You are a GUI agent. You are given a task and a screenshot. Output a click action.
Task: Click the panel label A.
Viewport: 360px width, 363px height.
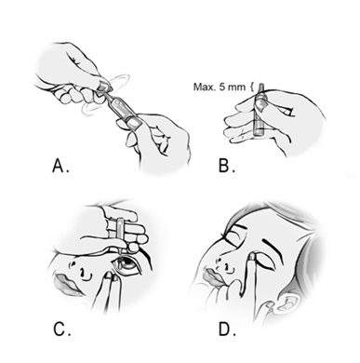click(x=60, y=166)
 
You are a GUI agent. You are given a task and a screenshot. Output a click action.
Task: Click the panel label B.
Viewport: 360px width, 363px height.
click(x=227, y=166)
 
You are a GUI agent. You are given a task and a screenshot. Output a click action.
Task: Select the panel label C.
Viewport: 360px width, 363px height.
click(x=62, y=329)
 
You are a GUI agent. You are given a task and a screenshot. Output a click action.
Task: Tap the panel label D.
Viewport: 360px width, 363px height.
click(x=227, y=329)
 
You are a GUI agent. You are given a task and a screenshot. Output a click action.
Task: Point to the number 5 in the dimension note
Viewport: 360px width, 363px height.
click(x=222, y=87)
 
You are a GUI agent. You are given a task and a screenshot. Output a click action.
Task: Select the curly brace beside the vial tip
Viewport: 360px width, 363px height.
click(x=252, y=87)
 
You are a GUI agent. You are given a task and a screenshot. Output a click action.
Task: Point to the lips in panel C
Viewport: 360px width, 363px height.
click(x=66, y=284)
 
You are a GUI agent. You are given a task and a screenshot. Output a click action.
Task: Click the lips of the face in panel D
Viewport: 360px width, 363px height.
click(x=212, y=276)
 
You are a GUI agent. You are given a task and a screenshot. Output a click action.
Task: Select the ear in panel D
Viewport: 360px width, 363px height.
click(x=286, y=302)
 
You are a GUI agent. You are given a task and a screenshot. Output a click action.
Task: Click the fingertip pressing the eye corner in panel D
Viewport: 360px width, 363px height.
click(x=252, y=258)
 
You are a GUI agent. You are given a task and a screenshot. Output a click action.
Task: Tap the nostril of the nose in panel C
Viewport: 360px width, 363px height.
click(x=82, y=273)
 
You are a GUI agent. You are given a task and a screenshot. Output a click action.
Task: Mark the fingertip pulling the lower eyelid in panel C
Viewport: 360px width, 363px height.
click(x=109, y=276)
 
